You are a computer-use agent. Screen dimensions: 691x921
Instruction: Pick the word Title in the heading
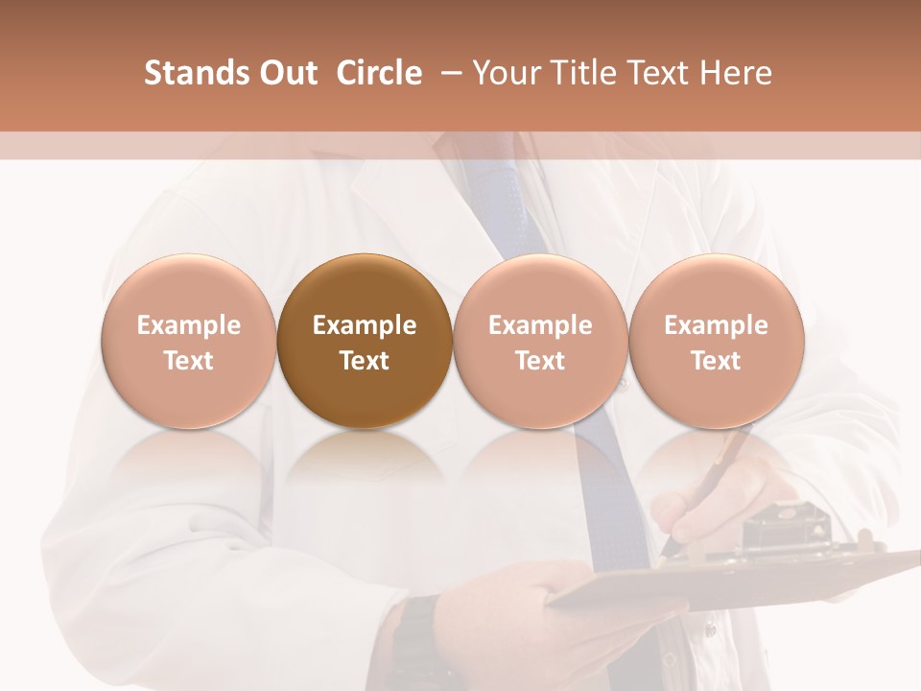point(585,73)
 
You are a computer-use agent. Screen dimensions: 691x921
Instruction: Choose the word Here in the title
point(736,73)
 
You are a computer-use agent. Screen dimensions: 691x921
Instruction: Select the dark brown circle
point(364,341)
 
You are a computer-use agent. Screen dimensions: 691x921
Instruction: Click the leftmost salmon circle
point(188,341)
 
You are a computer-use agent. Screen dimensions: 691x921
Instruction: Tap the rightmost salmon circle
point(716,341)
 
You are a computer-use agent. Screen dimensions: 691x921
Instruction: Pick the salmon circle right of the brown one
point(540,341)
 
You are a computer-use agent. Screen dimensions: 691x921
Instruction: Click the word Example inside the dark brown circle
point(364,325)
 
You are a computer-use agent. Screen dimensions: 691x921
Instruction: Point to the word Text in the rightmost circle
point(716,361)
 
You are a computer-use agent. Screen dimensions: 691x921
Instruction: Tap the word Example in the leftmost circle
point(188,325)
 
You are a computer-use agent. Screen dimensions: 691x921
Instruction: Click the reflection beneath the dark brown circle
point(364,461)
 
